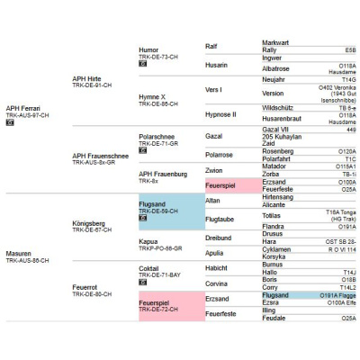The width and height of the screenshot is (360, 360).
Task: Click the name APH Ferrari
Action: [x=25, y=108]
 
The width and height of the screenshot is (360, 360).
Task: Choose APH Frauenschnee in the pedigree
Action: [x=101, y=156]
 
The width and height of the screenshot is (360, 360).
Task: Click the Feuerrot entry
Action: [x=86, y=287]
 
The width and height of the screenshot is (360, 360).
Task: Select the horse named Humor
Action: [x=148, y=49]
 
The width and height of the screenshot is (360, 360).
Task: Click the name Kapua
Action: [x=149, y=241]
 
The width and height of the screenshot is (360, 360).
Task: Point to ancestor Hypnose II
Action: [x=221, y=115]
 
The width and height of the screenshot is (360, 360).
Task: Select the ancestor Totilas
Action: [x=272, y=215]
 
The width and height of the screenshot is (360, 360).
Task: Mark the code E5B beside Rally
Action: [x=350, y=50]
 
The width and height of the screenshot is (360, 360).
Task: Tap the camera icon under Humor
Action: [x=142, y=64]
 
